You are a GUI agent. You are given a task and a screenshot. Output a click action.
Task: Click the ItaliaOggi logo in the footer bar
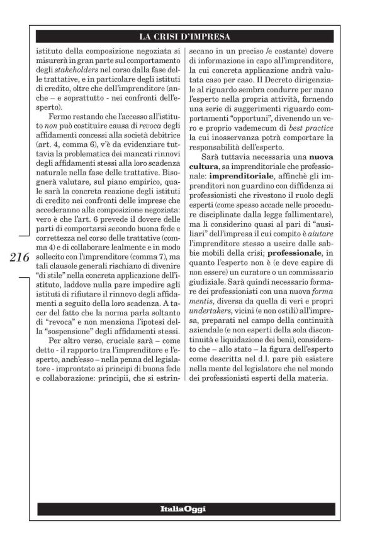182,507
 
